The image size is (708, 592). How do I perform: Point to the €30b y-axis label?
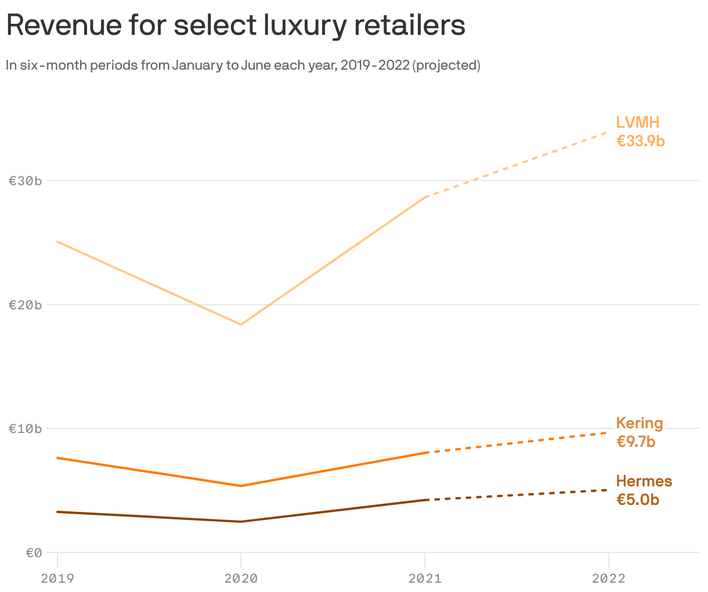[26, 181]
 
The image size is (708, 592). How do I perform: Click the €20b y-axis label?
[26, 305]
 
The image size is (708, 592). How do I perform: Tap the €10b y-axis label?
[26, 429]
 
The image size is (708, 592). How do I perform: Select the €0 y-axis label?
[34, 553]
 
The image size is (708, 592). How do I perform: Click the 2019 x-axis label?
[57, 578]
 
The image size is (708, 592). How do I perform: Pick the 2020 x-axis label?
[241, 578]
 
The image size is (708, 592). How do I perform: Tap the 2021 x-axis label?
[425, 578]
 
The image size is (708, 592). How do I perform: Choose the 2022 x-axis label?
[608, 578]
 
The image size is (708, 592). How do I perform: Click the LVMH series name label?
[638, 122]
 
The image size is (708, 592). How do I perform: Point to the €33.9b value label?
[640, 141]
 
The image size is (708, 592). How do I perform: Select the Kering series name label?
[640, 423]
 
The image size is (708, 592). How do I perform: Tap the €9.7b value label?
[635, 442]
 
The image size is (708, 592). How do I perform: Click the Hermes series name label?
[644, 481]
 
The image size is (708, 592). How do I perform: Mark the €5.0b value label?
[638, 500]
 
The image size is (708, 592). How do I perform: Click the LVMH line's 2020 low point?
[241, 324]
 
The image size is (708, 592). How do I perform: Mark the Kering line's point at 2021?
[425, 453]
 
